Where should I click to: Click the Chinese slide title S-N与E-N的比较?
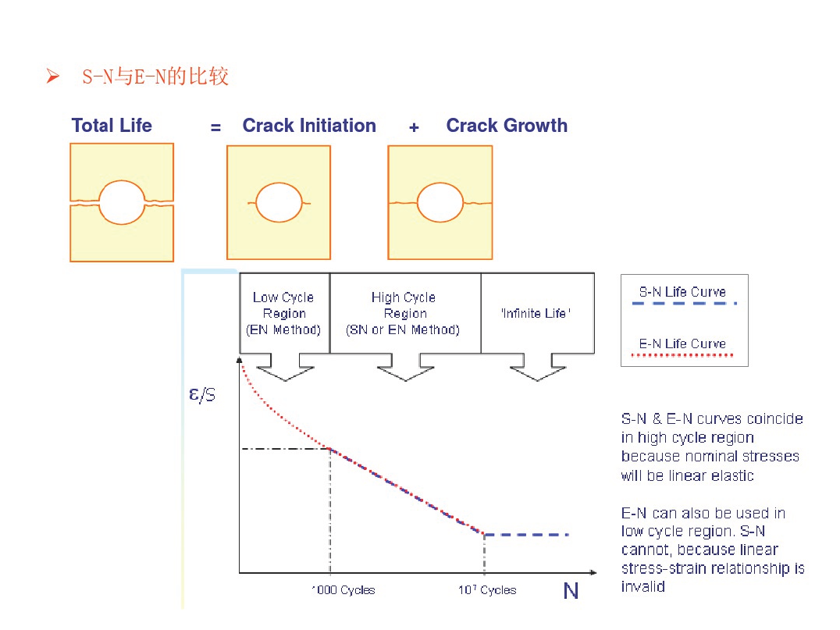[x=155, y=76]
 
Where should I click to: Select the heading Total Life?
[x=112, y=126]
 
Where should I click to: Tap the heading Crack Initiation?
[x=309, y=126]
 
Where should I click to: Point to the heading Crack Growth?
[x=507, y=126]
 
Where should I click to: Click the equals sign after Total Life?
[x=216, y=127]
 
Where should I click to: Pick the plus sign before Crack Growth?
[x=414, y=127]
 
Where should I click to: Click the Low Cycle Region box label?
[x=283, y=313]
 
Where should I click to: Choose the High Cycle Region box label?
[x=404, y=313]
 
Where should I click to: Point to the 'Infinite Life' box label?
[x=536, y=313]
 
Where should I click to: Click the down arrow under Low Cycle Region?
[x=285, y=367]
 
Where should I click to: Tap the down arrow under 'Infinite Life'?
[x=537, y=367]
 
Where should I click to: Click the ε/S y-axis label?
[x=202, y=395]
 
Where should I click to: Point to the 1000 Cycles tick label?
[x=343, y=590]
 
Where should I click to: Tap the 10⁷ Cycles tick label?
[x=487, y=590]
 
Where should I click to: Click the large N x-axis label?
[x=571, y=591]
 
